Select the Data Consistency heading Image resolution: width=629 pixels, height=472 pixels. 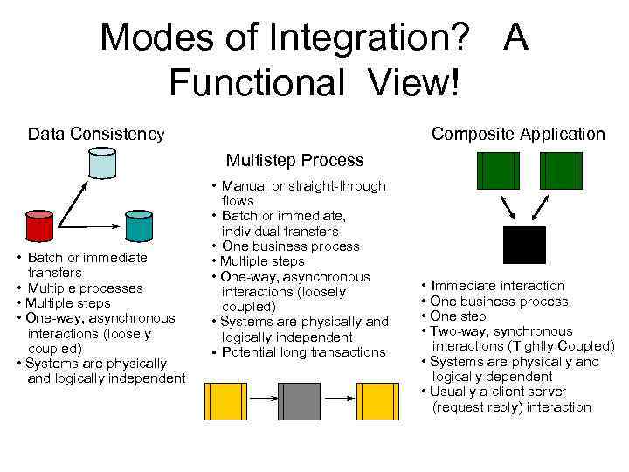(x=96, y=134)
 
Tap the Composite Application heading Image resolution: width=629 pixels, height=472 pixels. (x=518, y=134)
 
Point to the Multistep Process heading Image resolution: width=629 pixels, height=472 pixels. (x=294, y=160)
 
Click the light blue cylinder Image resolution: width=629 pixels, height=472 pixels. (x=101, y=162)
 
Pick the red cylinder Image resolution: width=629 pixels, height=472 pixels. (x=39, y=226)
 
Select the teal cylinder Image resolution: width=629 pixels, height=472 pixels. (x=138, y=226)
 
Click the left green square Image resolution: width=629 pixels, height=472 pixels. (x=497, y=170)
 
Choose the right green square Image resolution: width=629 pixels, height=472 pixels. (x=561, y=170)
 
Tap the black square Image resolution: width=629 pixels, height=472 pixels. (x=525, y=245)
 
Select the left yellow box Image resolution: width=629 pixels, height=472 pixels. (x=225, y=401)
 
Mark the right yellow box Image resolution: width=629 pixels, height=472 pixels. (x=377, y=401)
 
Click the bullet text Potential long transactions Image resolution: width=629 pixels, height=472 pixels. (x=303, y=352)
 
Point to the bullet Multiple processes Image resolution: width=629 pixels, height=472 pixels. (x=85, y=288)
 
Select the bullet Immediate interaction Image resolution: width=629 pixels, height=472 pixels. (x=498, y=286)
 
